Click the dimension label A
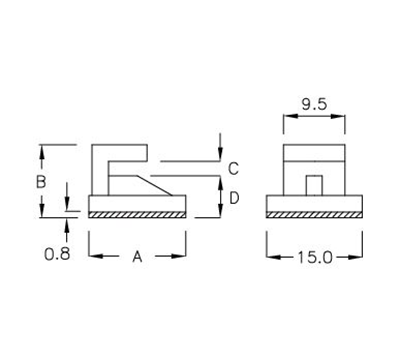pyautogui.click(x=138, y=257)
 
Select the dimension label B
pyautogui.click(x=41, y=182)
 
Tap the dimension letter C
pyautogui.click(x=231, y=168)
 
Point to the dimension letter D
pyautogui.click(x=232, y=198)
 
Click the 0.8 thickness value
pyautogui.click(x=57, y=254)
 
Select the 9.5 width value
pyautogui.click(x=313, y=101)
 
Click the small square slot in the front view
pyautogui.click(x=313, y=184)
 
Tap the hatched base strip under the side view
pyautogui.click(x=137, y=214)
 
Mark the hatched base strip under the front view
pyautogui.click(x=314, y=214)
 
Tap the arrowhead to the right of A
pyautogui.click(x=180, y=257)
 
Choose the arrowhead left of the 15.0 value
pyautogui.click(x=273, y=257)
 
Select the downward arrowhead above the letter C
pyautogui.click(x=218, y=154)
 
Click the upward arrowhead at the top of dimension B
pyautogui.click(x=41, y=151)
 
